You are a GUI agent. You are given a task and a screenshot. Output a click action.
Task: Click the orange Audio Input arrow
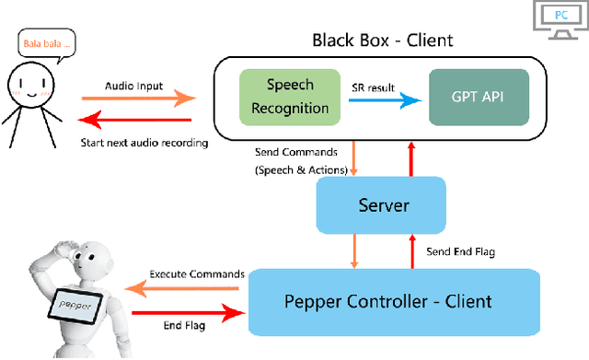tap(138, 96)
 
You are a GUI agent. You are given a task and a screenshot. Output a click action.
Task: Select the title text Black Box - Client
tap(382, 40)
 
